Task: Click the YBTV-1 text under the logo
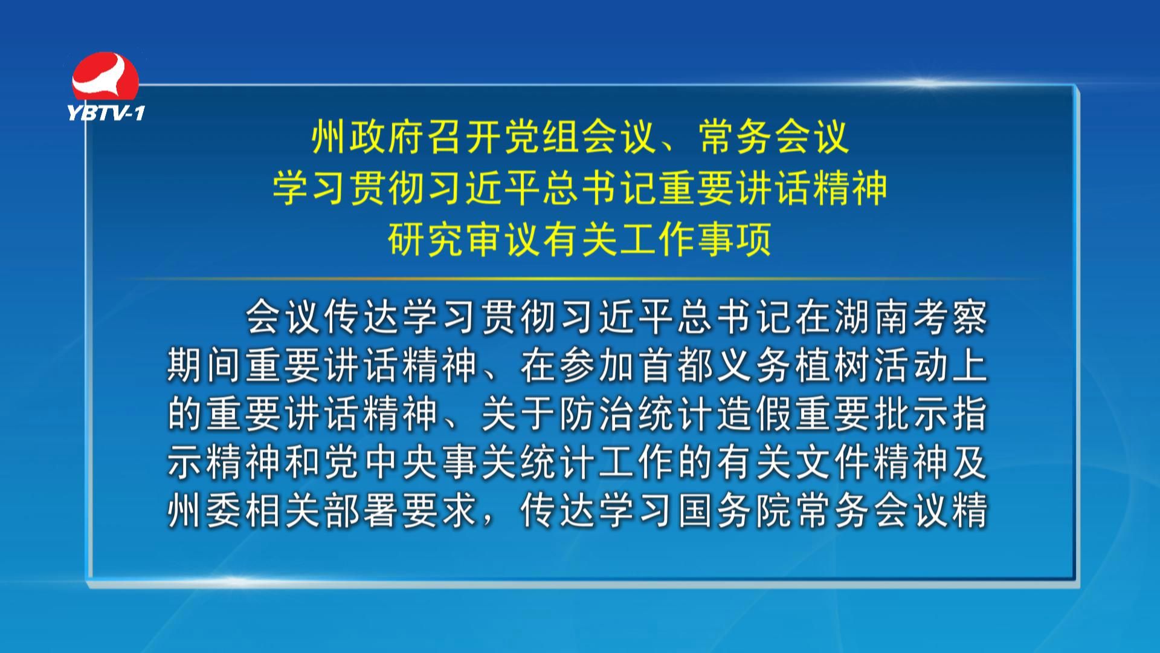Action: click(106, 112)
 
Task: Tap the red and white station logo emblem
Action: click(105, 77)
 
